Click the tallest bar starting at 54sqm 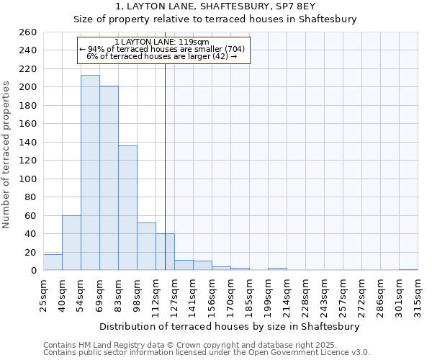click(x=90, y=173)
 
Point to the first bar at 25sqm click(x=53, y=262)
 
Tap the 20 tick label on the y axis click(x=30, y=252)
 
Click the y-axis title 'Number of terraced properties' click(x=7, y=155)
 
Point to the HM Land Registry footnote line click(x=205, y=346)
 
